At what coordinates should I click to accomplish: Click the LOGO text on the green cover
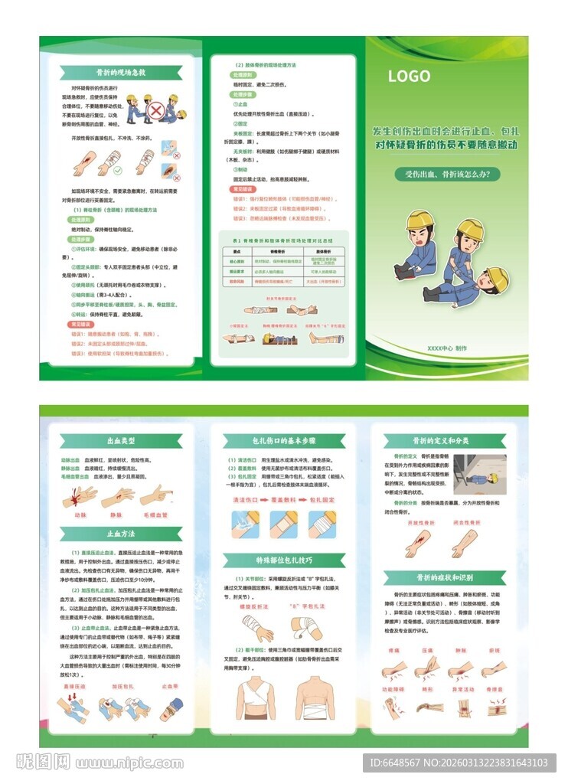(x=409, y=76)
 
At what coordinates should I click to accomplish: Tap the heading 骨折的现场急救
(x=120, y=72)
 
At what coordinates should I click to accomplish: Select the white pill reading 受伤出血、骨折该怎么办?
(x=447, y=174)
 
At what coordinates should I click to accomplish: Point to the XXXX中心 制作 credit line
(x=447, y=348)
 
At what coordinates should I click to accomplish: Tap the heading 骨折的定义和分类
(x=447, y=441)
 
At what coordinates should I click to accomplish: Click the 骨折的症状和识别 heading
(x=447, y=577)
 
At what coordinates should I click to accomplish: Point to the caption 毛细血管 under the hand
(x=155, y=514)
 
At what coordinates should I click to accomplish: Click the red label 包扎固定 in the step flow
(x=324, y=498)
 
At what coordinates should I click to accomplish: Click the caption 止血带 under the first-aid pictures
(x=169, y=687)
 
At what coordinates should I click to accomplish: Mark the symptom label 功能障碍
(x=393, y=689)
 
